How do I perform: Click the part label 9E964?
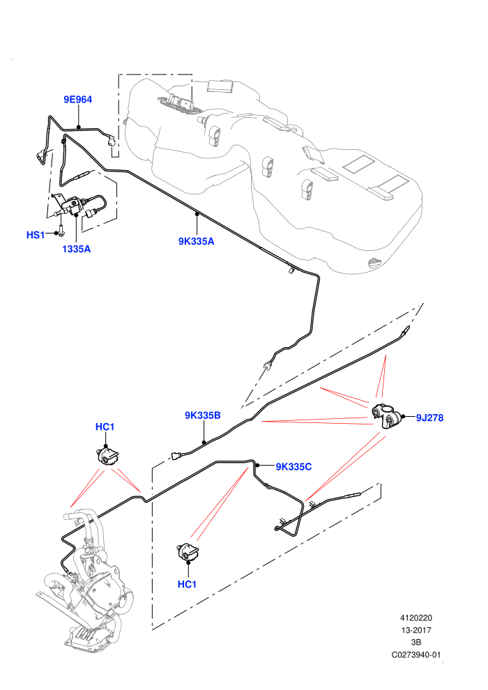pos(78,100)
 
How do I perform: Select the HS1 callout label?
pos(36,235)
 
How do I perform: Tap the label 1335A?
pos(76,249)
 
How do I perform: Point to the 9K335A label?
pos(197,241)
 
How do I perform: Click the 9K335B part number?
pos(202,415)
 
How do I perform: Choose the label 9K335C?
pos(293,466)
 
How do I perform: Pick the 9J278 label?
pos(430,417)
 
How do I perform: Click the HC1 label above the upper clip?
pos(105,427)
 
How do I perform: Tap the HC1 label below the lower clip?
pos(187,584)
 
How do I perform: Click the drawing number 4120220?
pos(416,618)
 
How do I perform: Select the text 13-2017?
pos(416,630)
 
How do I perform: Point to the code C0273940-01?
pos(416,654)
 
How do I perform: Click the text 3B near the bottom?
pos(416,643)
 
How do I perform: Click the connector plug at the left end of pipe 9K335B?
pos(176,457)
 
